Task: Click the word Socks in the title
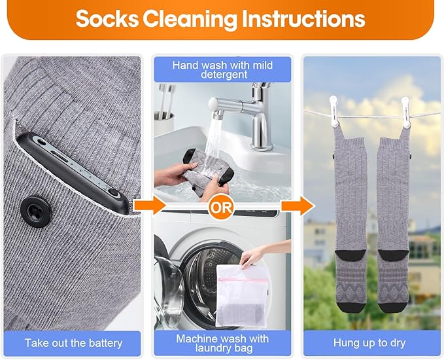(x=107, y=19)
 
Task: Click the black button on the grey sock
(x=36, y=212)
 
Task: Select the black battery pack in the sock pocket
(x=73, y=173)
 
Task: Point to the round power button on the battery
(x=114, y=192)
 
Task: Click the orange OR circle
(x=221, y=207)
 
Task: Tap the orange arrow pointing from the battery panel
(x=149, y=205)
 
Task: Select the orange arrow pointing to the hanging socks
(x=298, y=206)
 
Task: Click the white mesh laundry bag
(x=241, y=296)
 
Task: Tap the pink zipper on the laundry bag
(x=243, y=280)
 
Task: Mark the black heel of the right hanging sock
(x=394, y=255)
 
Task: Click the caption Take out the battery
(x=74, y=343)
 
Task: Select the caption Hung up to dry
(x=369, y=343)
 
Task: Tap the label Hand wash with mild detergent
(x=222, y=70)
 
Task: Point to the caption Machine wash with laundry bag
(x=222, y=343)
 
